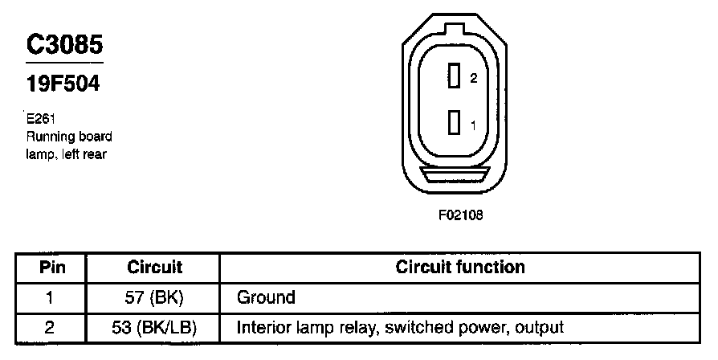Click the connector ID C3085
point(64,47)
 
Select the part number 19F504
point(63,83)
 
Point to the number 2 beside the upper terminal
point(474,79)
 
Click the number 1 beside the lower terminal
point(474,125)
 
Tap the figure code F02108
point(460,215)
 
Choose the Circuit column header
point(155,267)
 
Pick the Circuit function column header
point(460,267)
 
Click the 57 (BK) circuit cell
point(155,297)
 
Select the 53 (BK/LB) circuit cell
point(155,327)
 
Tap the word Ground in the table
point(266,297)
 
